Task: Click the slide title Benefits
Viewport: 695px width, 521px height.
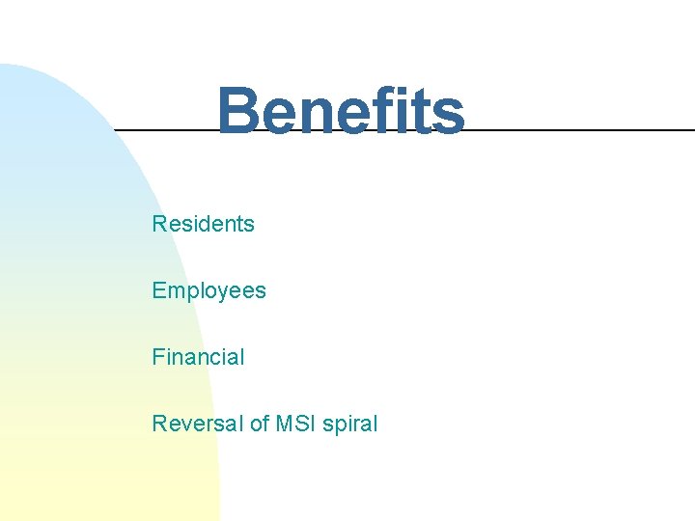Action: [340, 111]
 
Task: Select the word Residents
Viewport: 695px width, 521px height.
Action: [203, 224]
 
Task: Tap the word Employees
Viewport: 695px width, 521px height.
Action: [208, 290]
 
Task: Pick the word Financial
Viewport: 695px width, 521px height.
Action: [198, 357]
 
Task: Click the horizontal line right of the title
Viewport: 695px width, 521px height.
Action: [579, 129]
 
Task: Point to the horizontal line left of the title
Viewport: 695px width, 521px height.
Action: [164, 128]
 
